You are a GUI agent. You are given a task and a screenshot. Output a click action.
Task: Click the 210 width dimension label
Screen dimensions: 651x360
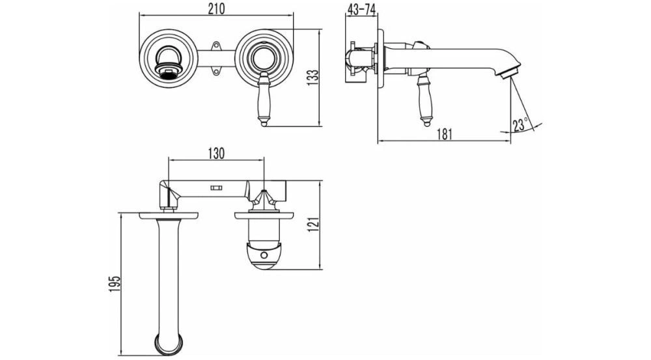point(216,8)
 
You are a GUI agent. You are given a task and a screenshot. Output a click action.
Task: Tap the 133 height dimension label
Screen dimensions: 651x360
point(314,77)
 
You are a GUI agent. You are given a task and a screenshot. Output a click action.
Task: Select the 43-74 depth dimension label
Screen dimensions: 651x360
point(361,10)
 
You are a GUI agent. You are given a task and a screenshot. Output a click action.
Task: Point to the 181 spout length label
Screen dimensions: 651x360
point(444,134)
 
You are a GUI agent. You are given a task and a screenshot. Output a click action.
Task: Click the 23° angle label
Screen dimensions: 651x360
point(520,124)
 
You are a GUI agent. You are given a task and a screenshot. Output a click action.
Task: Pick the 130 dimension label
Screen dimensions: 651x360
point(216,153)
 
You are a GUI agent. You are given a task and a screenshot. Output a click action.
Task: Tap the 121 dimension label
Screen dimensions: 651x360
point(314,225)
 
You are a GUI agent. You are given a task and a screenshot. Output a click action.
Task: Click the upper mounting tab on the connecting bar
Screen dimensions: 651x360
point(215,46)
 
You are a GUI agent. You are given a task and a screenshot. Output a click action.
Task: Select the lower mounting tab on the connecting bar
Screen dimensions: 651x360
point(215,72)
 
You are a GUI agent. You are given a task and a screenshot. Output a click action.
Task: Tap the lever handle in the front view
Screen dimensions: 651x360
point(263,99)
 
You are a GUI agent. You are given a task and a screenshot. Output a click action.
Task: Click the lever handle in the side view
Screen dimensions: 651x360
point(425,100)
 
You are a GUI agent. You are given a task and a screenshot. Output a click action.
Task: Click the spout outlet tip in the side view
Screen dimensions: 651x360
point(509,74)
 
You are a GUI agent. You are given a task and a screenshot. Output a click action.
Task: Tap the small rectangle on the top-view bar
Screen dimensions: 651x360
point(216,187)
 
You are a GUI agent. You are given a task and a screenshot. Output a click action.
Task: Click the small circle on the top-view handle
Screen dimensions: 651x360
point(264,256)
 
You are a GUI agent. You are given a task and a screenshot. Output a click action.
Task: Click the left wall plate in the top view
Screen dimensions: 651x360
point(169,215)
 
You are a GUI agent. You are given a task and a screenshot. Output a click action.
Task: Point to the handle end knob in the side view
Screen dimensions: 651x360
point(426,122)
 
